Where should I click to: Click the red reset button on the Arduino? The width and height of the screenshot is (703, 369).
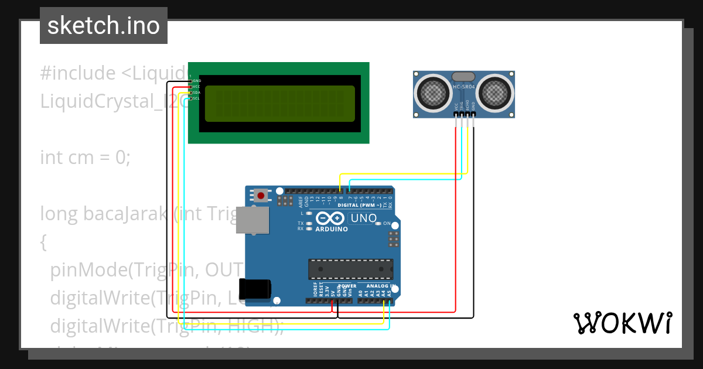pyautogui.click(x=261, y=195)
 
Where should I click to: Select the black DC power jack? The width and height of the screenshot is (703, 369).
pyautogui.click(x=256, y=289)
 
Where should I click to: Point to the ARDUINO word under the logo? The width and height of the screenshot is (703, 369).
pyautogui.click(x=332, y=229)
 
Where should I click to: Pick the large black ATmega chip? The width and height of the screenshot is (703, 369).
pyautogui.click(x=350, y=268)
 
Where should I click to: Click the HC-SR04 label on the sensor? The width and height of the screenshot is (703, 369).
pyautogui.click(x=464, y=87)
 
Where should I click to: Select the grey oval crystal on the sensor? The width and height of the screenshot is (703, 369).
pyautogui.click(x=464, y=76)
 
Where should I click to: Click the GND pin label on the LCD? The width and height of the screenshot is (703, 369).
pyautogui.click(x=197, y=80)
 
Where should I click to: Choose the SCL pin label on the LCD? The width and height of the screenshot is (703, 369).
pyautogui.click(x=197, y=98)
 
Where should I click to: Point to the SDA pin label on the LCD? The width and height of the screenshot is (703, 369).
pyautogui.click(x=197, y=93)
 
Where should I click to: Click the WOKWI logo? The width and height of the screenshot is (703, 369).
pyautogui.click(x=622, y=323)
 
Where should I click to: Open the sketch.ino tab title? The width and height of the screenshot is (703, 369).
pyautogui.click(x=103, y=26)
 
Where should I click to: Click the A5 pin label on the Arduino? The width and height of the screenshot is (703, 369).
pyautogui.click(x=390, y=292)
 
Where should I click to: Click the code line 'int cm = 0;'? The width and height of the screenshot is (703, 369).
pyautogui.click(x=85, y=158)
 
